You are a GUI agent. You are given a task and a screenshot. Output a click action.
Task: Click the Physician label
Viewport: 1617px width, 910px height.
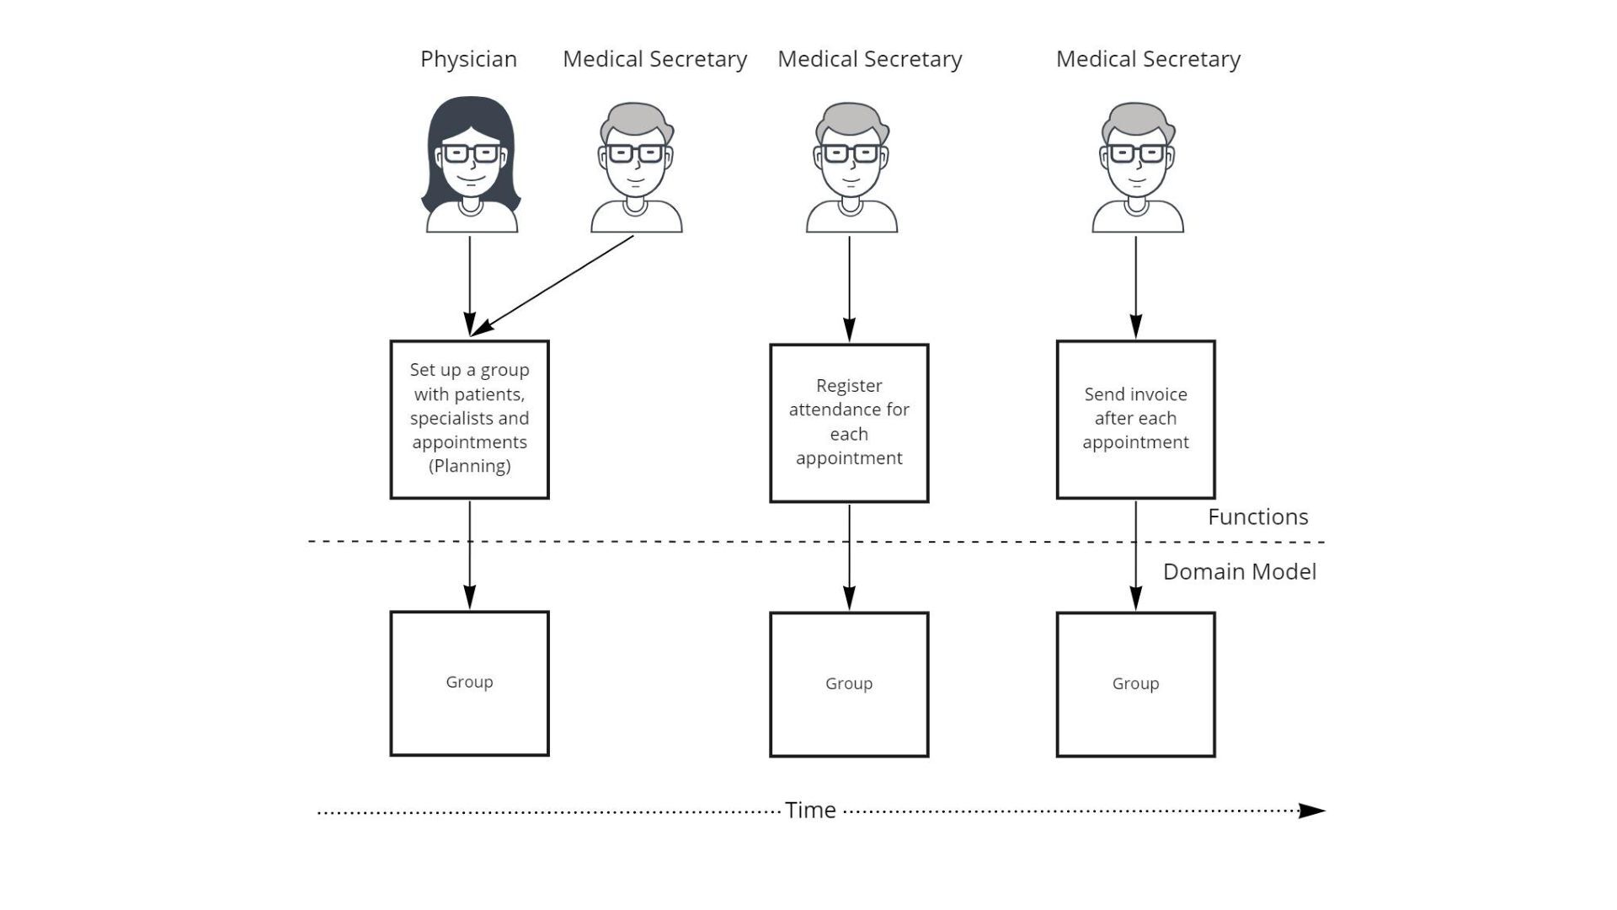(x=468, y=60)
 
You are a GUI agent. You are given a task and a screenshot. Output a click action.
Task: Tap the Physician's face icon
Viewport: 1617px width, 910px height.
(x=471, y=164)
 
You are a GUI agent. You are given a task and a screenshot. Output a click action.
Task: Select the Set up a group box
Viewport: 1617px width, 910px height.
(x=470, y=420)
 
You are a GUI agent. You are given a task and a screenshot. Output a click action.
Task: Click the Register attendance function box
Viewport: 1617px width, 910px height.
(x=849, y=423)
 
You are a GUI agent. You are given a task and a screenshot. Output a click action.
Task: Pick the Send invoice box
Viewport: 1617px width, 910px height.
(x=1136, y=420)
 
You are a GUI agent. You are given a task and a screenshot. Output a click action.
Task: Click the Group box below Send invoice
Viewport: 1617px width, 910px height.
(x=1136, y=684)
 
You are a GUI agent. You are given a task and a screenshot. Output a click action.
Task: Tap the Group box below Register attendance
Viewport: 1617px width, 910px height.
(x=849, y=684)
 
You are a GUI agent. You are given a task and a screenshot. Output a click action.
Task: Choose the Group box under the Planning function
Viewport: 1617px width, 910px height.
(x=470, y=683)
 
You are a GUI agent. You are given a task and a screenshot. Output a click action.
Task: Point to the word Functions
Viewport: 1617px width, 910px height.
(x=1258, y=517)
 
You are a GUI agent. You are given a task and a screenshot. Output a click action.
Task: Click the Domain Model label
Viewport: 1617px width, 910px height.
(x=1240, y=572)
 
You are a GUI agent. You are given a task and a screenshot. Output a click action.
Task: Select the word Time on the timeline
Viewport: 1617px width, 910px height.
(x=810, y=811)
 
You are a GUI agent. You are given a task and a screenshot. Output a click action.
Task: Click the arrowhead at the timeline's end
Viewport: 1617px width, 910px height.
(x=1312, y=811)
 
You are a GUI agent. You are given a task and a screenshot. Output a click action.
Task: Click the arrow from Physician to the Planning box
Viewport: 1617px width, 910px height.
(x=470, y=286)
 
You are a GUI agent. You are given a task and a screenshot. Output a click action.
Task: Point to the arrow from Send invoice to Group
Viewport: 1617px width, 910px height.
(x=1136, y=556)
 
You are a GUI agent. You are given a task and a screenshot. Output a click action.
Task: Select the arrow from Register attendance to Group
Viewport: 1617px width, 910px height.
(x=849, y=558)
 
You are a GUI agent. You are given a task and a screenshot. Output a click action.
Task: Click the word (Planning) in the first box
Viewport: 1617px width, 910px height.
(x=470, y=467)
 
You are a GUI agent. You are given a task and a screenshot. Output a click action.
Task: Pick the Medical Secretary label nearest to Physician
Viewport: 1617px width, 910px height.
(x=654, y=60)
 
